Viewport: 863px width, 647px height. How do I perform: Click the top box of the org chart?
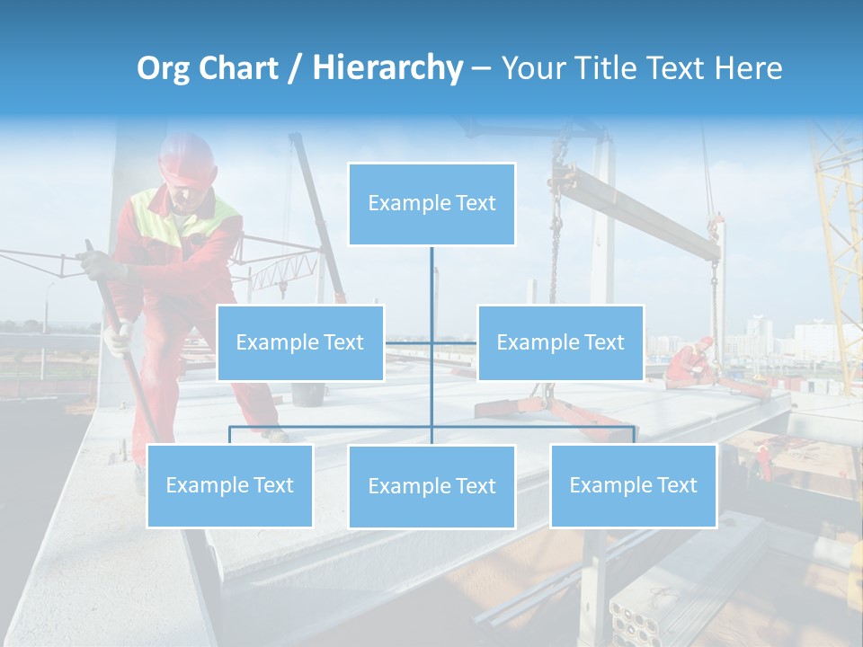[431, 204]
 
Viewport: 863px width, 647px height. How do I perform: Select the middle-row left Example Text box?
[300, 342]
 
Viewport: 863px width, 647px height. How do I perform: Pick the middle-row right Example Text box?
[560, 342]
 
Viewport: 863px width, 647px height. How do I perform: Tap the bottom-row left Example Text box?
[230, 485]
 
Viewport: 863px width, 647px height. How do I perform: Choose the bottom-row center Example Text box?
[431, 486]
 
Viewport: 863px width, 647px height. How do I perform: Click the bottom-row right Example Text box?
[633, 485]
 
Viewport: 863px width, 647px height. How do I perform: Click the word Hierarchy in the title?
[387, 67]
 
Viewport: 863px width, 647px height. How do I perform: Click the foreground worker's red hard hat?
[187, 158]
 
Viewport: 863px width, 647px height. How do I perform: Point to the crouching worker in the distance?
[690, 363]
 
